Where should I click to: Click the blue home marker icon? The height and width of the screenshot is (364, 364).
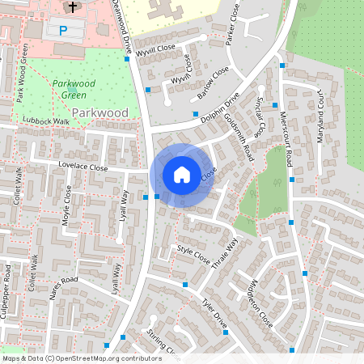[182, 174]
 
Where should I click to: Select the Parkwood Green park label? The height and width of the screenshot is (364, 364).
[74, 88]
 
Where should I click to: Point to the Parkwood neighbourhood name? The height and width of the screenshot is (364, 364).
[100, 112]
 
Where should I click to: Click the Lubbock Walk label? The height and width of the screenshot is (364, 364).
[46, 121]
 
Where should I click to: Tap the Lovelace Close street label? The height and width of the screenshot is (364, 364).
[83, 167]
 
